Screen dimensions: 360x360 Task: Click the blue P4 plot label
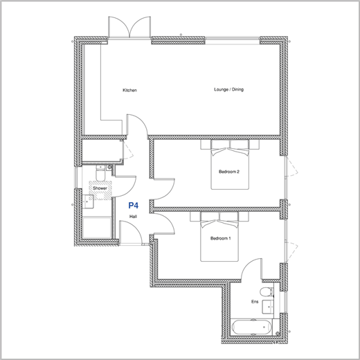coord(134,205)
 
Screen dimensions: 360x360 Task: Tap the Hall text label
coord(133,217)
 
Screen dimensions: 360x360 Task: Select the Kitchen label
coord(129,90)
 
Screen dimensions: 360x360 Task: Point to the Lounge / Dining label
coord(228,89)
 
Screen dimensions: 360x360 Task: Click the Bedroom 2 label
coord(229,172)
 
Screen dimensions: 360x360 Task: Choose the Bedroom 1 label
coord(220,238)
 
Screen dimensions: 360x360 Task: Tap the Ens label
coord(255,302)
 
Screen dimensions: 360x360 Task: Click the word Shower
coord(100,188)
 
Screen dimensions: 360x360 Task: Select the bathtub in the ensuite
coord(252,327)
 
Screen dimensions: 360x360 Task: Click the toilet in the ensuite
coord(266,292)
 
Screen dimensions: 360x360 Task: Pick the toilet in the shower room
coord(100,173)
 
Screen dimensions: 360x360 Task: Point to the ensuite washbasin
coord(268,307)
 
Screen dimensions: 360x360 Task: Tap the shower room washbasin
coord(88,201)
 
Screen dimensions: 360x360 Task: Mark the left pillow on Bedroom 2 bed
coord(220,145)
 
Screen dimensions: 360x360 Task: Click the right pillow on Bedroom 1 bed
coord(228,217)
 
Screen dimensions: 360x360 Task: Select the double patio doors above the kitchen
coord(129,27)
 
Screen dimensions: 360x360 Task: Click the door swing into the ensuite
coord(251,269)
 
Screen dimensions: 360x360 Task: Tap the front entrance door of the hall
coord(131,232)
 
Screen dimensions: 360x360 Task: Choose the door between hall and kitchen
coord(137,125)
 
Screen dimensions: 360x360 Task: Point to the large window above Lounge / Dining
coord(233,40)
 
